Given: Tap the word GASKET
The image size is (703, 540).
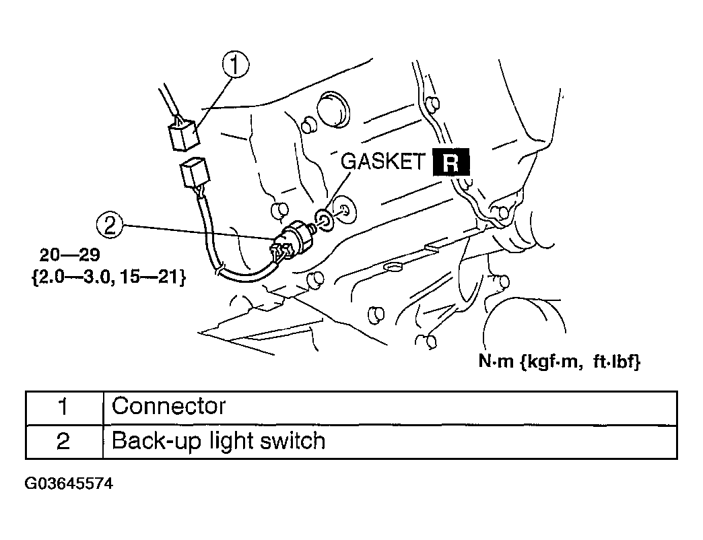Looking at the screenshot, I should click(x=383, y=162).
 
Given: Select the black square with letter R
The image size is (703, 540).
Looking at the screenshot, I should click(x=450, y=163).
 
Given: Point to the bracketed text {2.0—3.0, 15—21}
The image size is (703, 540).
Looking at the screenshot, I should click(x=108, y=276).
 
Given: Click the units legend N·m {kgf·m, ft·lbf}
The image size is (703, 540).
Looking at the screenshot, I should click(x=559, y=362).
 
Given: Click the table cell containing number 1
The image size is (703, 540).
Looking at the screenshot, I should click(x=63, y=407).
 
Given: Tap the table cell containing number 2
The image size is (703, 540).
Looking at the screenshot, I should click(x=63, y=442).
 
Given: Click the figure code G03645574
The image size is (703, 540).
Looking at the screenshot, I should click(x=69, y=483).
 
